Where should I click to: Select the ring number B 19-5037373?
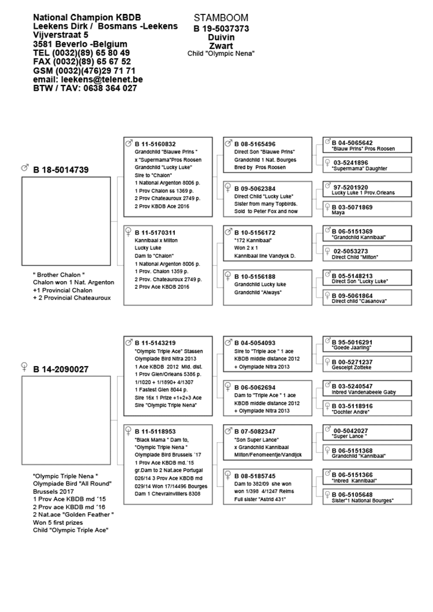click(x=221, y=28)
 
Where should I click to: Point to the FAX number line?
click(x=82, y=62)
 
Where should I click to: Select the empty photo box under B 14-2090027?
click(x=66, y=410)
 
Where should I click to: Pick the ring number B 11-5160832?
click(x=155, y=144)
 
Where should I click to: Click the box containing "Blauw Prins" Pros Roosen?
click(x=367, y=145)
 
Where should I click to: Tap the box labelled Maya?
click(x=367, y=210)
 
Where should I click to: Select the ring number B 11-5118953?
click(x=155, y=431)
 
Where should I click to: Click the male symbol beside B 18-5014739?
click(x=25, y=168)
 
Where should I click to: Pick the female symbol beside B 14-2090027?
click(x=25, y=367)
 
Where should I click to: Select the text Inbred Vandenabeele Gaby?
click(x=363, y=392)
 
